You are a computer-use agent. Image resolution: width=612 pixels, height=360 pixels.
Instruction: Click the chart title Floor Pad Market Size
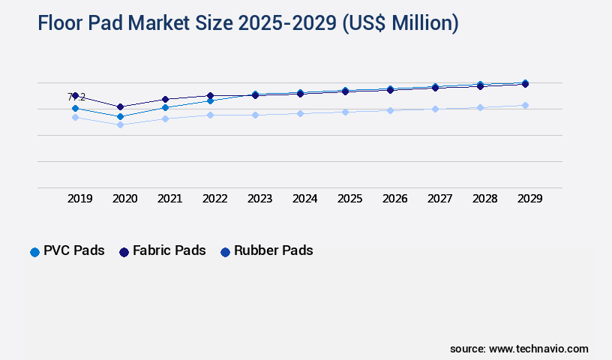click(x=247, y=23)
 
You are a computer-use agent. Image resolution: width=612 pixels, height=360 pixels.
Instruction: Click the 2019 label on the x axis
click(x=80, y=199)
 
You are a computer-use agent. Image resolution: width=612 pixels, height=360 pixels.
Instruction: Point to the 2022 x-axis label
click(x=215, y=199)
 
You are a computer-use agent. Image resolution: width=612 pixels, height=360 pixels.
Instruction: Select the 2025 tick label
click(x=349, y=199)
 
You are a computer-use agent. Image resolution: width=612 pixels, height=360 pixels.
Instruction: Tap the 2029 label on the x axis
click(x=529, y=199)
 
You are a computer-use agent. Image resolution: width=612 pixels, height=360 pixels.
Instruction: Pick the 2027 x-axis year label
click(x=439, y=199)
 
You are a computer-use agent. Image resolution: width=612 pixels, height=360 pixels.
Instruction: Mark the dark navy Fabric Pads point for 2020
click(x=120, y=106)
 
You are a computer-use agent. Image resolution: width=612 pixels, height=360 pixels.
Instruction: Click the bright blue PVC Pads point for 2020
click(x=120, y=116)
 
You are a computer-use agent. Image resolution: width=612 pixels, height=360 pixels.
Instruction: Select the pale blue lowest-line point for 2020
click(x=120, y=124)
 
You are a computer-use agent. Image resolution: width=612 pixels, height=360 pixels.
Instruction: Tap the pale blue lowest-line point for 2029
click(x=525, y=105)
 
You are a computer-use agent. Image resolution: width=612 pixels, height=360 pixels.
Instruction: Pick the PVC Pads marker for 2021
click(x=165, y=107)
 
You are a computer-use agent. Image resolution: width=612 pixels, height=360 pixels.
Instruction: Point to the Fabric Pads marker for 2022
click(x=210, y=95)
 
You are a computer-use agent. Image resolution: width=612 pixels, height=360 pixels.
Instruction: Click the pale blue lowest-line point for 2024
click(x=300, y=113)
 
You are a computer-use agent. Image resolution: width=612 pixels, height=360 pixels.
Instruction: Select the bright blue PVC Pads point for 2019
click(x=75, y=108)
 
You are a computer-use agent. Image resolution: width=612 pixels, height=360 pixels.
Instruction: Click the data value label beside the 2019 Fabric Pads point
click(x=77, y=97)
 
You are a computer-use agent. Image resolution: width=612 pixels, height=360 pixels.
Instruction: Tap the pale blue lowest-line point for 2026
click(x=390, y=110)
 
